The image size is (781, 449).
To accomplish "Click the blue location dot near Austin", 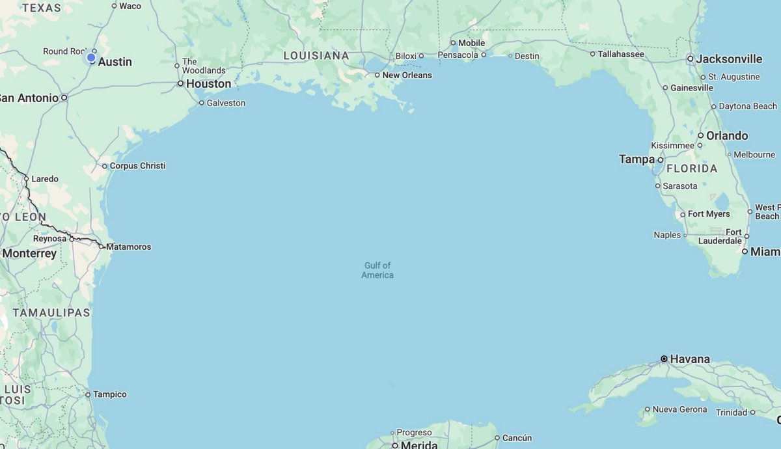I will pyautogui.click(x=91, y=58).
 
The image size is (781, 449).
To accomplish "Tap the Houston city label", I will pyautogui.click(x=208, y=84).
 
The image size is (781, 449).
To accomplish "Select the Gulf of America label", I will pyautogui.click(x=377, y=270).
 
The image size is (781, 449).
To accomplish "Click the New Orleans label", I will pyautogui.click(x=407, y=75).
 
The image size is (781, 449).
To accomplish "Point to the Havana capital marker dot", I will pyautogui.click(x=664, y=359).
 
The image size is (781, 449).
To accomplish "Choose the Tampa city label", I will pyautogui.click(x=637, y=159).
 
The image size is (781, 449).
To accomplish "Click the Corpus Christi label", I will pyautogui.click(x=137, y=166).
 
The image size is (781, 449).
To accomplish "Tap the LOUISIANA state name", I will pyautogui.click(x=316, y=56).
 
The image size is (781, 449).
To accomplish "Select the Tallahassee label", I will pyautogui.click(x=621, y=54).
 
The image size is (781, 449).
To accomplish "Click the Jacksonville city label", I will pyautogui.click(x=729, y=59).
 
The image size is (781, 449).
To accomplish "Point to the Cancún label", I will pyautogui.click(x=517, y=438).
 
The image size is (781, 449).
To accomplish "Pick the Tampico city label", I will pyautogui.click(x=109, y=394).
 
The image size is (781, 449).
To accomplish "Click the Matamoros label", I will pyautogui.click(x=128, y=247).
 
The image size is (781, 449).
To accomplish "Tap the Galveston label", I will pyautogui.click(x=226, y=103).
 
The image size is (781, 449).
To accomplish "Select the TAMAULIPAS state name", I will pyautogui.click(x=51, y=313).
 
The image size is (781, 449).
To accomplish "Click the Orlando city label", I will pyautogui.click(x=727, y=136).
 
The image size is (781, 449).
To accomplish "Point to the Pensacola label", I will pyautogui.click(x=458, y=55).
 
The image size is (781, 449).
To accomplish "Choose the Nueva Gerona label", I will pyautogui.click(x=679, y=409).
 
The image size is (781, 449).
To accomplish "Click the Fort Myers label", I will pyautogui.click(x=709, y=214).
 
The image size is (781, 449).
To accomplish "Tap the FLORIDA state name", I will pyautogui.click(x=691, y=169).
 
